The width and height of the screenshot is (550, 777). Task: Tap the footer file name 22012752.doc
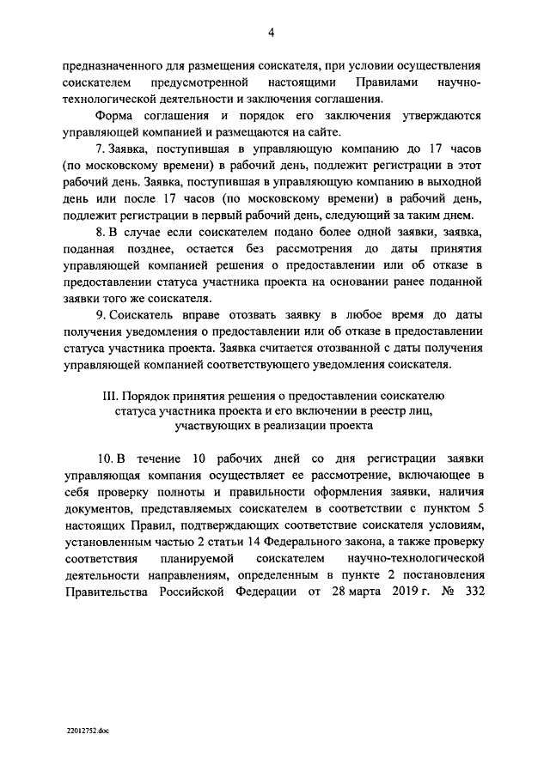pos(87,729)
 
